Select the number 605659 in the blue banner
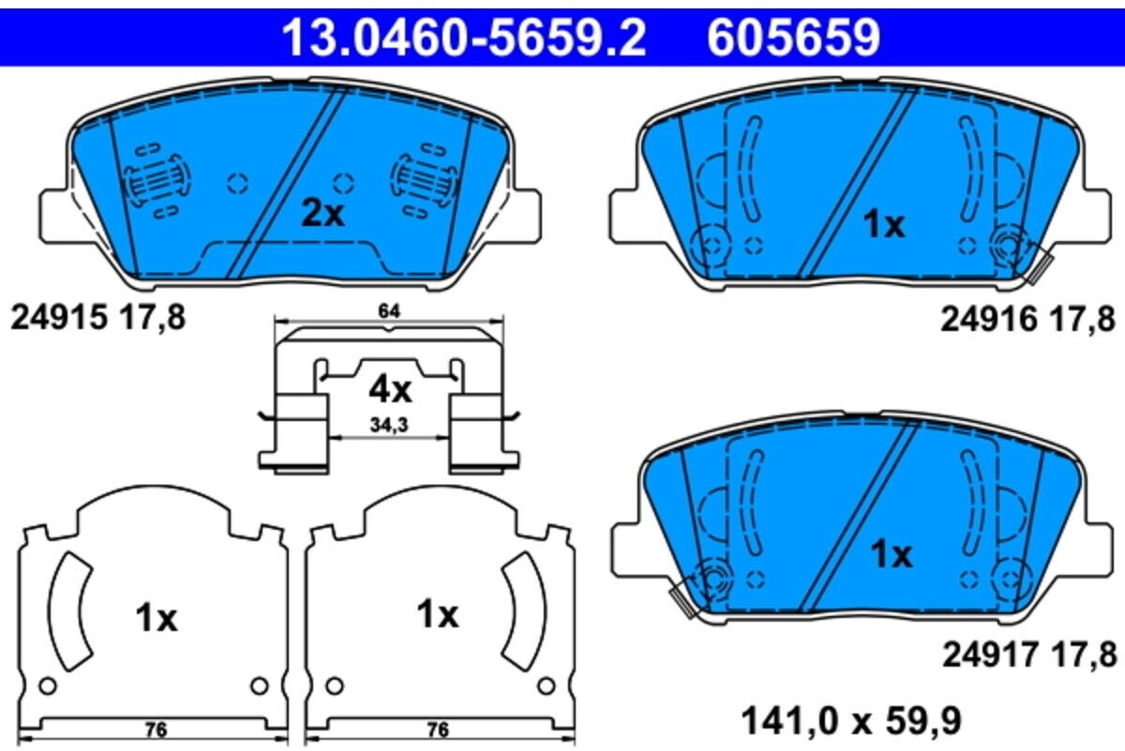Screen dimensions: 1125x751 pyautogui.click(x=793, y=38)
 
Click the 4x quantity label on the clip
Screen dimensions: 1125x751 pyautogui.click(x=390, y=390)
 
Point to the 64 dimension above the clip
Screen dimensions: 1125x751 pyautogui.click(x=389, y=311)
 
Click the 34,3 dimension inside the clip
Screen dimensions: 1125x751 pyautogui.click(x=389, y=425)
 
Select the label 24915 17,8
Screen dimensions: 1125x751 pyautogui.click(x=98, y=318)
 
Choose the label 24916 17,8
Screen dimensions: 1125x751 pyautogui.click(x=1027, y=319)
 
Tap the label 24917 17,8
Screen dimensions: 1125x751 pyautogui.click(x=1029, y=655)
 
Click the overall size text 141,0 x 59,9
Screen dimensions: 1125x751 pyautogui.click(x=851, y=721)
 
